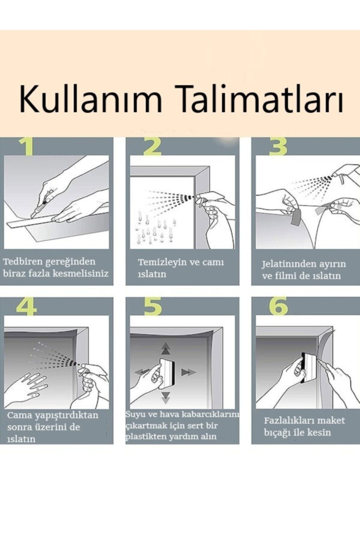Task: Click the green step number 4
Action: pos(27,306)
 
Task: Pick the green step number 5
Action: pos(153,306)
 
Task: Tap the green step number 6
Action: pos(278,306)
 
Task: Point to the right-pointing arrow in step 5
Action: pos(188,373)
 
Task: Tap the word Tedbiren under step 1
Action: pos(24,261)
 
